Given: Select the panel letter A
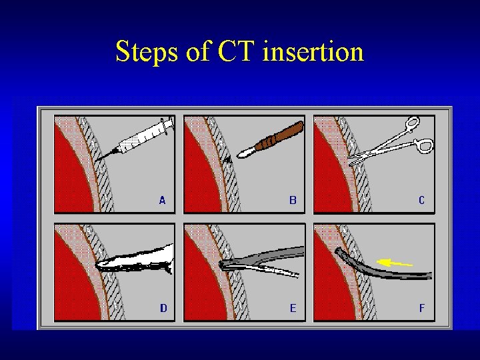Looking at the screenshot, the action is [162, 199].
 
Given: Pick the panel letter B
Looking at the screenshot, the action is [293, 199].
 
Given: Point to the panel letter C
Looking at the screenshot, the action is [421, 199].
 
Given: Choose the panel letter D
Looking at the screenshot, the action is [163, 308].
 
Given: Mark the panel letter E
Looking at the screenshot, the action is [293, 308].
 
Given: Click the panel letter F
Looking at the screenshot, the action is [421, 308].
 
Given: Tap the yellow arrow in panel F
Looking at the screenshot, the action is [395, 263].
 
